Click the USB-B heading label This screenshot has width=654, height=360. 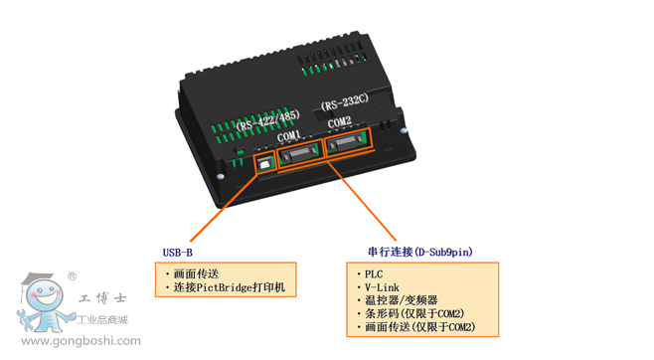click(178, 253)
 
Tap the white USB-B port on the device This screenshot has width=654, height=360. click(264, 164)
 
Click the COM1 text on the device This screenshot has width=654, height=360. click(288, 136)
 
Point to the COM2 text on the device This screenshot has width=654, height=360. click(340, 122)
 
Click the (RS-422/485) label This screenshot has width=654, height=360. click(267, 120)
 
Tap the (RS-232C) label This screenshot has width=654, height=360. click(345, 102)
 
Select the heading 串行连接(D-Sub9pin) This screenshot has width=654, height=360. click(420, 252)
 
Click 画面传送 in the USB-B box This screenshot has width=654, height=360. click(196, 274)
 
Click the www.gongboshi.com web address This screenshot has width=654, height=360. click(81, 341)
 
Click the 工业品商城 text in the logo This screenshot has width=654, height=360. click(102, 320)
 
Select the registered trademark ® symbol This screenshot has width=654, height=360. click(73, 276)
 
